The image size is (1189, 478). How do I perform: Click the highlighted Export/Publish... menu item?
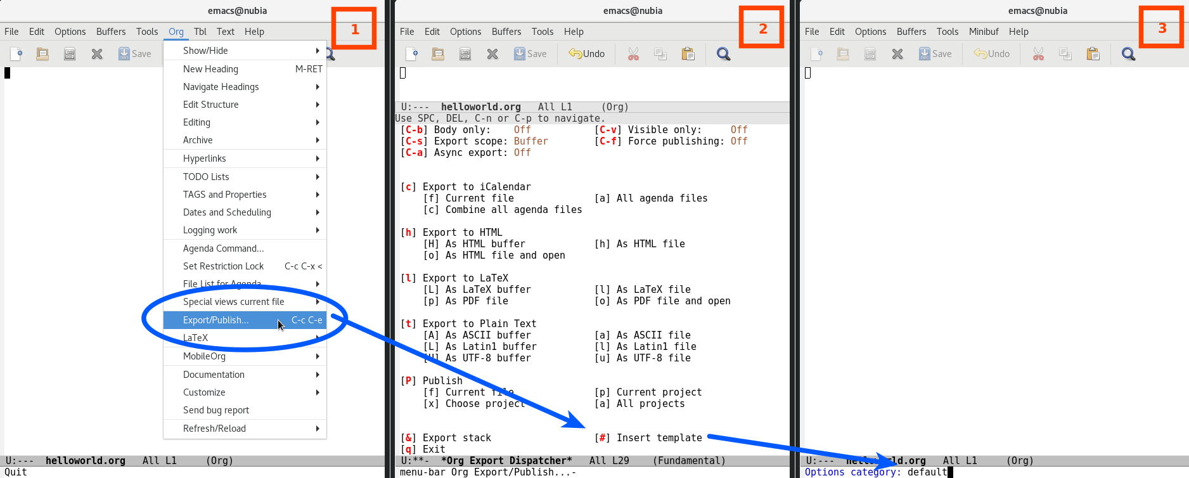pyautogui.click(x=215, y=320)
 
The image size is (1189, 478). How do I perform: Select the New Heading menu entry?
pyautogui.click(x=210, y=69)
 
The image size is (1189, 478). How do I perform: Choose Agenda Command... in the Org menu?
pyautogui.click(x=223, y=249)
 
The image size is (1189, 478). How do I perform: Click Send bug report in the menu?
pyautogui.click(x=215, y=410)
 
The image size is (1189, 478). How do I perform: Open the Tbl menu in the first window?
pyautogui.click(x=200, y=32)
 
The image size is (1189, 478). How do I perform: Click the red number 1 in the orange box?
pyautogui.click(x=355, y=29)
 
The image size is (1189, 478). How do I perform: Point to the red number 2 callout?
pyautogui.click(x=763, y=29)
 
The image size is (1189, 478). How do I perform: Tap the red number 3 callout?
pyautogui.click(x=1162, y=28)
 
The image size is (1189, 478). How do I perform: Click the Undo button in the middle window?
pyautogui.click(x=587, y=54)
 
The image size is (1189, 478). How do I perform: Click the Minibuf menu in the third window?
pyautogui.click(x=983, y=32)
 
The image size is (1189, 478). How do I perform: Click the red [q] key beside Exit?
pyautogui.click(x=409, y=449)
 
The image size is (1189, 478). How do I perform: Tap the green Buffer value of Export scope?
pyautogui.click(x=530, y=141)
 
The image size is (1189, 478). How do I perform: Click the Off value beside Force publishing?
pyautogui.click(x=738, y=141)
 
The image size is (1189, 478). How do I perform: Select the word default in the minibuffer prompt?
pyautogui.click(x=927, y=472)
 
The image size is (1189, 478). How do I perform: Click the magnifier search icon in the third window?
pyautogui.click(x=1128, y=54)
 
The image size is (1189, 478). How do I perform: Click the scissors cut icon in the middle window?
pyautogui.click(x=633, y=54)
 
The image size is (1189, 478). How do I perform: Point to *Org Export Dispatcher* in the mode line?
pyautogui.click(x=506, y=461)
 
